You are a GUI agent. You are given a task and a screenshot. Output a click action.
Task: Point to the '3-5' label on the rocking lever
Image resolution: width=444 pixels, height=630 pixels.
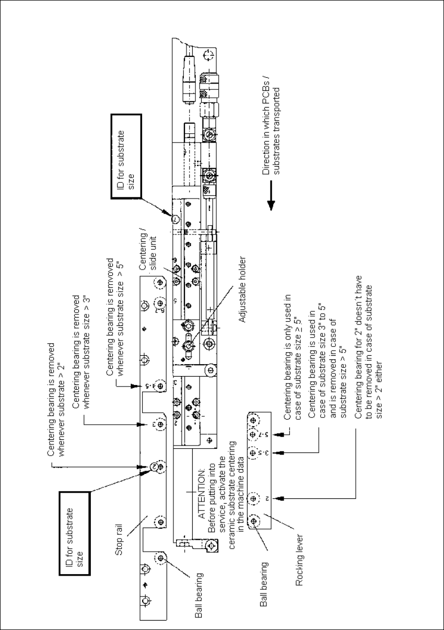[266, 452]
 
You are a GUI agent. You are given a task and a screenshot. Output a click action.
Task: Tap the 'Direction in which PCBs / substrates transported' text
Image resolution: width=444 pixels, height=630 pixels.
[272, 131]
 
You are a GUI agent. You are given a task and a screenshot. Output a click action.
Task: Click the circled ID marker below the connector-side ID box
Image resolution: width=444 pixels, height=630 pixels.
[176, 218]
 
